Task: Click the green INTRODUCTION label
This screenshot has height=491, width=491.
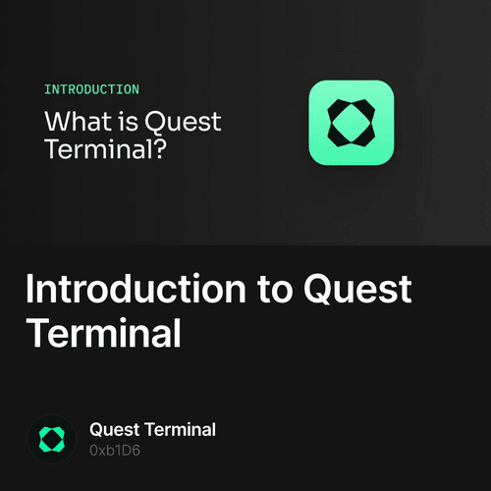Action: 91,89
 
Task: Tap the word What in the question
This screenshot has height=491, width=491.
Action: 75,123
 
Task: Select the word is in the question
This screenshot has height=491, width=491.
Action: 123,123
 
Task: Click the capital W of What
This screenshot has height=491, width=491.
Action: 55,123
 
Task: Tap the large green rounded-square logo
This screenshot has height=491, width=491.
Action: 351,122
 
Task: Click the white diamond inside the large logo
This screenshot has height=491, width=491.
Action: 351,122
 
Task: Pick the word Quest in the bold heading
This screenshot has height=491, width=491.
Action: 357,292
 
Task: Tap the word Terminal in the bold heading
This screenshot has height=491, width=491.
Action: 103,334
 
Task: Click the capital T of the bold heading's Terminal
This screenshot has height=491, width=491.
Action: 37,334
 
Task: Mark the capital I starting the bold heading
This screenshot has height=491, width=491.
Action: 31,292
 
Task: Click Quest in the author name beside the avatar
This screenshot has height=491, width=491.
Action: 116,429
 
